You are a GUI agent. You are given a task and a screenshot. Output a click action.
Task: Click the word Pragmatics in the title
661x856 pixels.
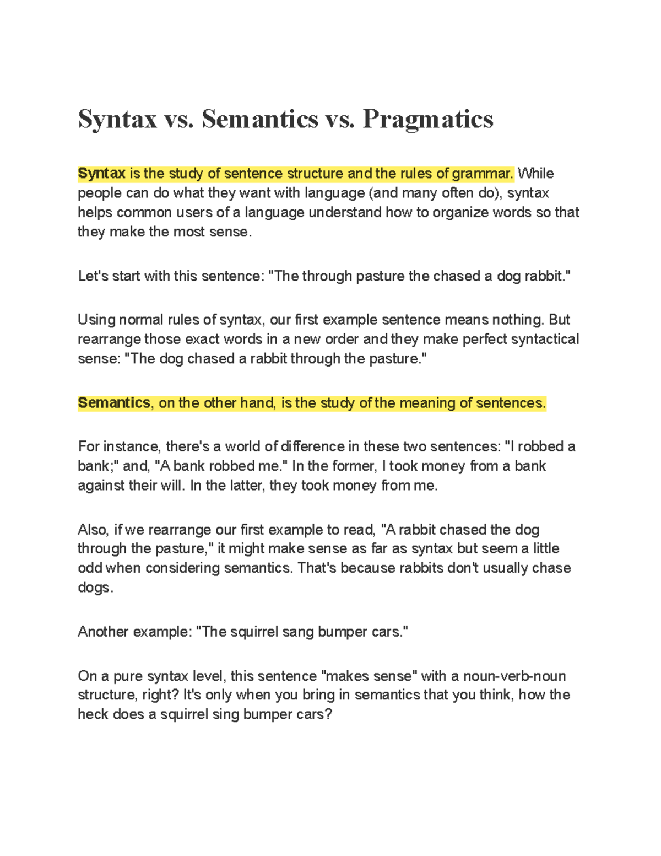click(427, 120)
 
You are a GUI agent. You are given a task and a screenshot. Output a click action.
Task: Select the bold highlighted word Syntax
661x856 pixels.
click(102, 174)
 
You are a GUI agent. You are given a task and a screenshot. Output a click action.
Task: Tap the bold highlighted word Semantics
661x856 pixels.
click(114, 403)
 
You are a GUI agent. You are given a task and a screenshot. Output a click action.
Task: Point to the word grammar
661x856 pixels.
click(482, 174)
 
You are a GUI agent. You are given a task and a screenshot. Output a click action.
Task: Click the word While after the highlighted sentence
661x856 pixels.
click(536, 174)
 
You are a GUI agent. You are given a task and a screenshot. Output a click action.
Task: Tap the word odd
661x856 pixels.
click(89, 568)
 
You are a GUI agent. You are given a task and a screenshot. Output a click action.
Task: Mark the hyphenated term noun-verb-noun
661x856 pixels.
click(514, 676)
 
